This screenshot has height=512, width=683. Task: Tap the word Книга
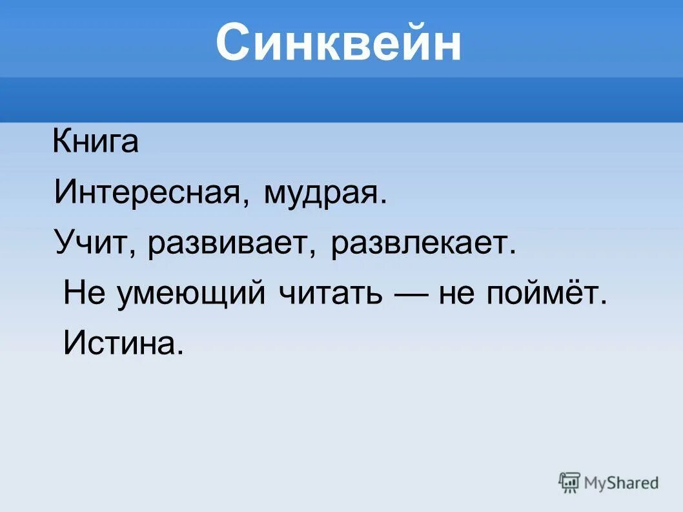(x=96, y=141)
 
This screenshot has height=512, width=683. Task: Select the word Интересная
(x=147, y=192)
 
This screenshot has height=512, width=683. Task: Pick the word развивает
(x=231, y=244)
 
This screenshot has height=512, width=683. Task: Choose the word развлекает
(x=422, y=244)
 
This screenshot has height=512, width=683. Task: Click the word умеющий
(x=192, y=294)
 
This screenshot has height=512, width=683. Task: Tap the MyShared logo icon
(x=569, y=482)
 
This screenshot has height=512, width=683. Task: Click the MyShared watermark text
(x=621, y=482)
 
